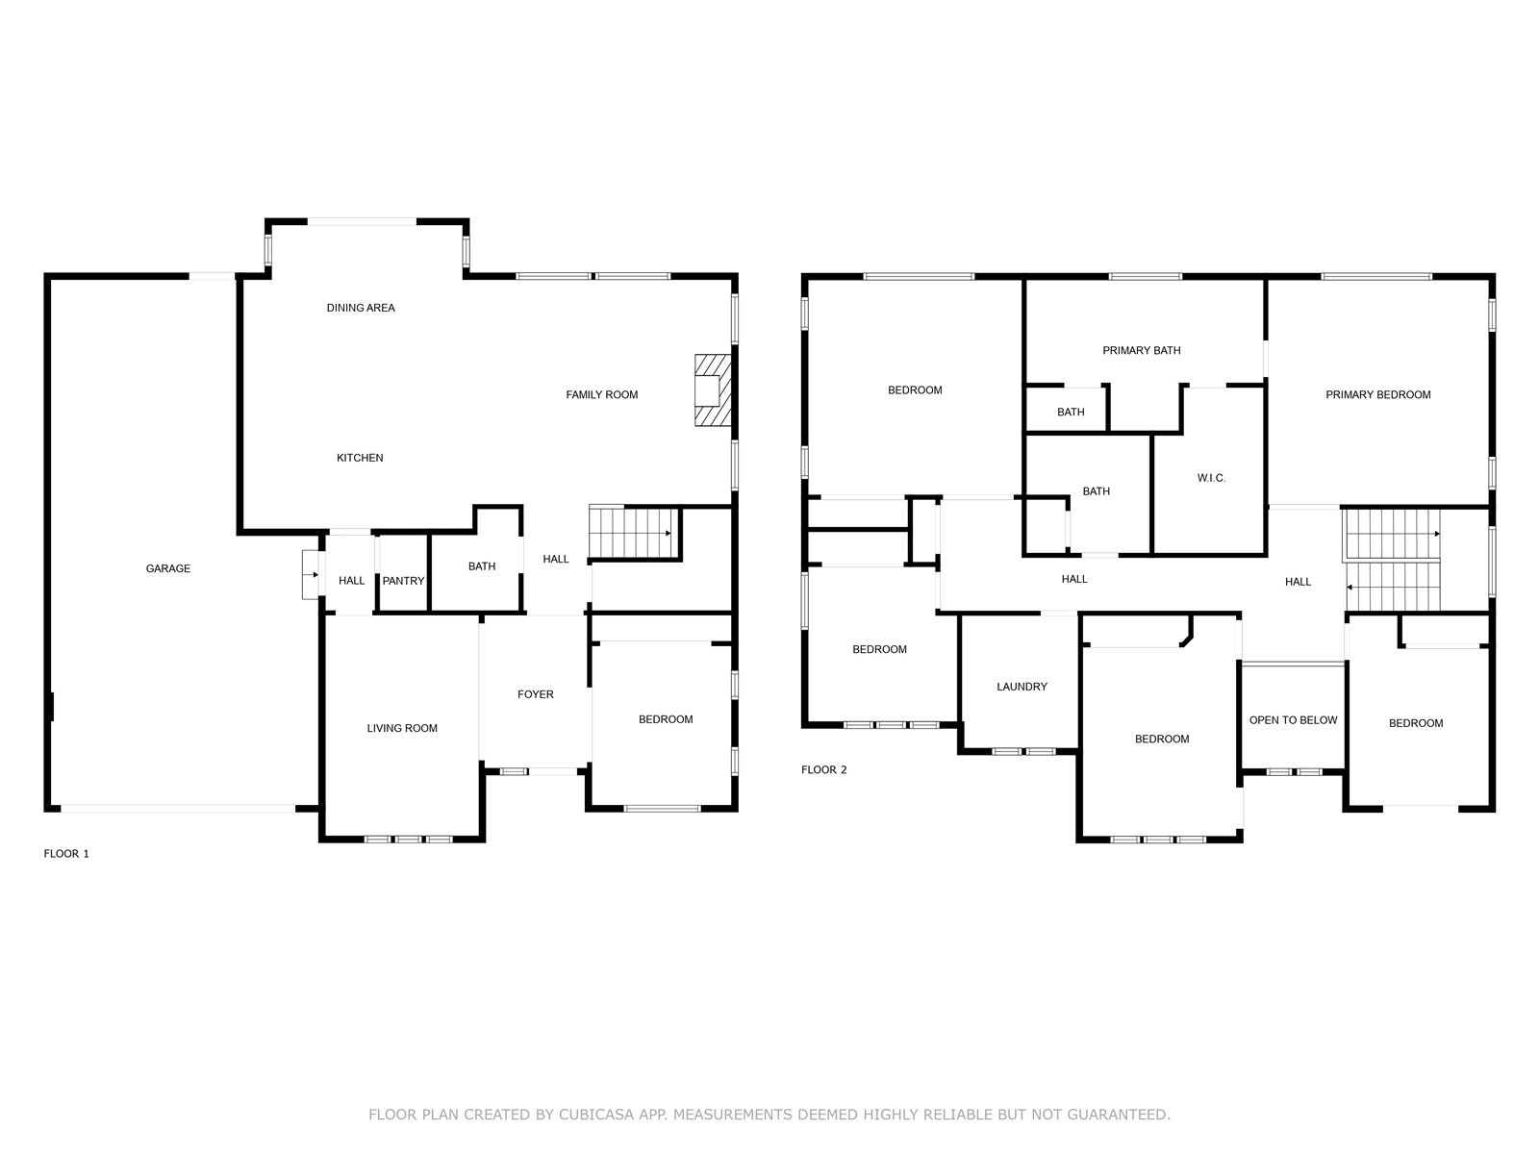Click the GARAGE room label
tap(167, 568)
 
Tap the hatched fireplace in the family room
tap(713, 390)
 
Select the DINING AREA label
tap(361, 308)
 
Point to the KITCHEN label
tap(360, 458)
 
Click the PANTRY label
tap(403, 581)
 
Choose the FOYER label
tap(536, 694)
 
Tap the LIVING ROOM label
tap(402, 728)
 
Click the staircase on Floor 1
tap(634, 532)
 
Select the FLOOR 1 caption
tap(66, 853)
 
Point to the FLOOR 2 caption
tap(823, 769)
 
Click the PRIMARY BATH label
tap(1142, 350)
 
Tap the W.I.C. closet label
tap(1212, 478)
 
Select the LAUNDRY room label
tap(1022, 687)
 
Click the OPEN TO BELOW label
tap(1293, 720)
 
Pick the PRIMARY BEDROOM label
tap(1377, 394)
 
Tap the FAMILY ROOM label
tap(601, 394)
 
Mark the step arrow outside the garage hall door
tap(311, 574)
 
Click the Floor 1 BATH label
tap(482, 566)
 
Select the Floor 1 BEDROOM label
tap(666, 719)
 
